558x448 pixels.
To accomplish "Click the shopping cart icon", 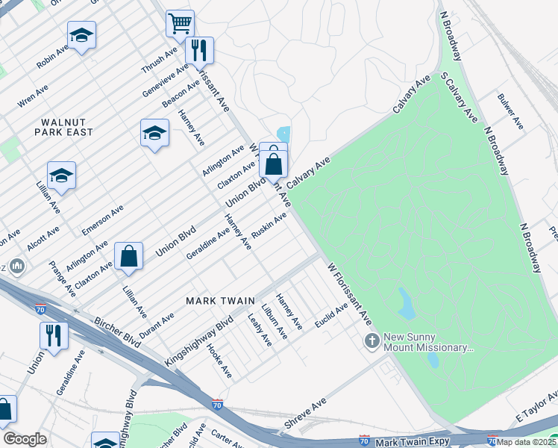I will click(180, 24).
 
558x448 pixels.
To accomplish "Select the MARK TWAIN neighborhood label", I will click(220, 300).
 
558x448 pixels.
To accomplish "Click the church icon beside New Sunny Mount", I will click(372, 341).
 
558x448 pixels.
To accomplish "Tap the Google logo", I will click(25, 439).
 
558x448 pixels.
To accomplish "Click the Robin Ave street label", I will click(52, 56).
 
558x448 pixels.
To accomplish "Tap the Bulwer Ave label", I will click(511, 111).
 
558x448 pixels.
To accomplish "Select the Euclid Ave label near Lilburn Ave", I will click(331, 316).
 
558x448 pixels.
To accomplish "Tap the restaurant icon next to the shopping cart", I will click(199, 50).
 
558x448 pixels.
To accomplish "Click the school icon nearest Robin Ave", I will click(81, 35).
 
